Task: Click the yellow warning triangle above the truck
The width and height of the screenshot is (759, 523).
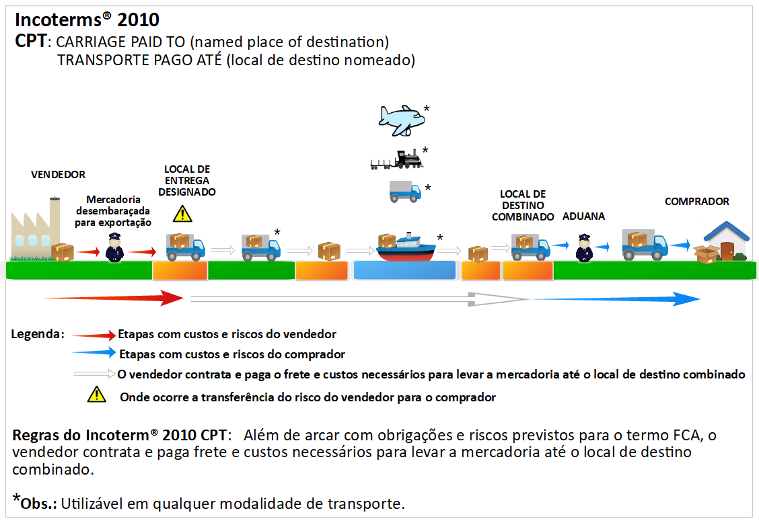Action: coord(182,214)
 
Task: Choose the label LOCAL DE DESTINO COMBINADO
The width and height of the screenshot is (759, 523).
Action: coord(523,206)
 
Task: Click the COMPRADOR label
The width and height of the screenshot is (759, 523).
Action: coord(696,202)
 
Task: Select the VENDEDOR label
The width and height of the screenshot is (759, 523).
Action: coord(59,175)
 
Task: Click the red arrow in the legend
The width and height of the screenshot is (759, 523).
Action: coord(94,335)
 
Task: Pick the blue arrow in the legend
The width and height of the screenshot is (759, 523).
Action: coord(94,354)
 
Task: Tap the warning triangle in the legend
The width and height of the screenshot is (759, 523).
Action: coord(97,395)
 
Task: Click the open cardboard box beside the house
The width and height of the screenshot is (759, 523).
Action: coord(706,254)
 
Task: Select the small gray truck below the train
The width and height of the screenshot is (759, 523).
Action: coord(404,191)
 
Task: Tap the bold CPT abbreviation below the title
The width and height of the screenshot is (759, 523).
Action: coord(31,42)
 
